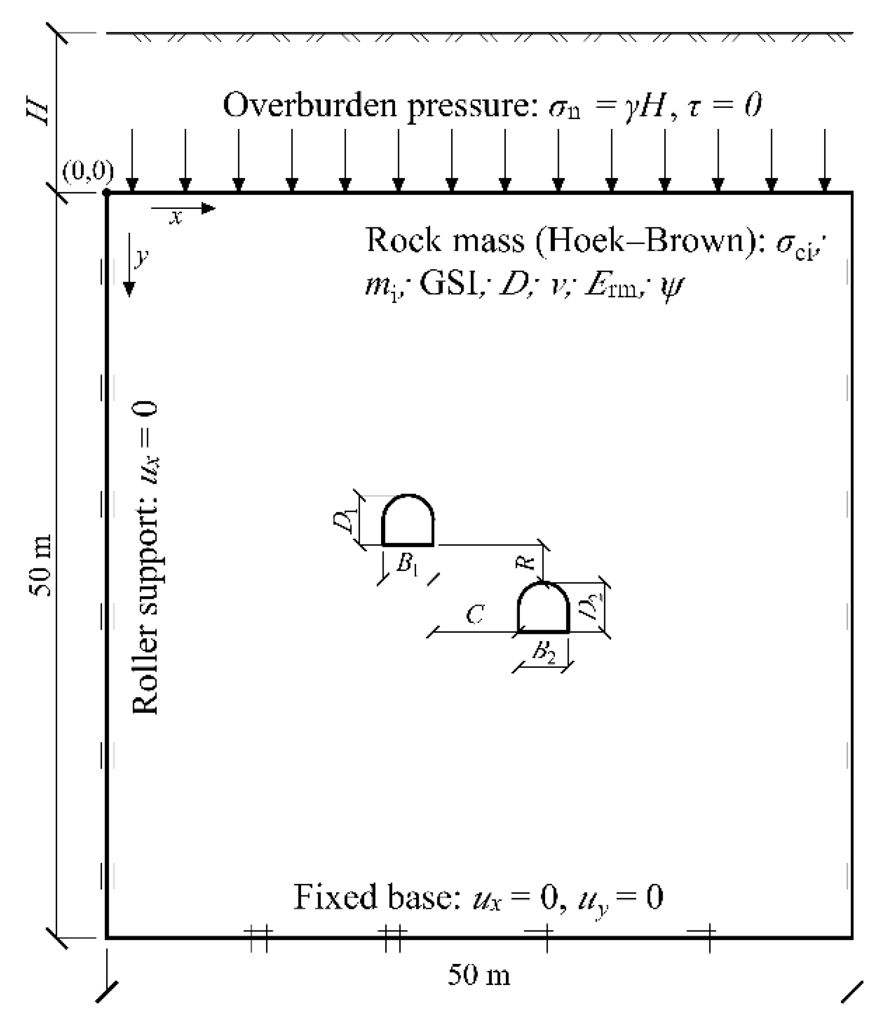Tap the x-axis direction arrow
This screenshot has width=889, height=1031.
(183, 208)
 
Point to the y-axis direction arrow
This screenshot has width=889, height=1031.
(129, 265)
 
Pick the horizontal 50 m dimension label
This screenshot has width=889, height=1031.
(479, 975)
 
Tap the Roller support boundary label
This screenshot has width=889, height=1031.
(145, 558)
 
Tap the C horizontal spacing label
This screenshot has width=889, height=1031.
(475, 614)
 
